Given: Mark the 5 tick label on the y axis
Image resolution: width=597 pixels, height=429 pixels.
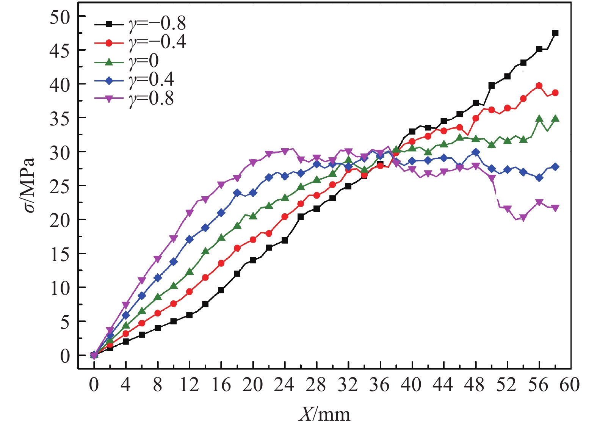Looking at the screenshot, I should click(65, 322).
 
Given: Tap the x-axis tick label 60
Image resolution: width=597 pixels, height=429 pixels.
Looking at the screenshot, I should click(569, 385).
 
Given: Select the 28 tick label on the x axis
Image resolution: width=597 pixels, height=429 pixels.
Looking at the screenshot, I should click(316, 385).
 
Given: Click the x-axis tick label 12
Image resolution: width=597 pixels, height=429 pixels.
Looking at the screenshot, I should click(189, 385).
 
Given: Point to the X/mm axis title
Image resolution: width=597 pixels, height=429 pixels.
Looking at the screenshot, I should click(324, 414).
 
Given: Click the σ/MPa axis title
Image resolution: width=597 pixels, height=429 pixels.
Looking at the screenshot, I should click(28, 186).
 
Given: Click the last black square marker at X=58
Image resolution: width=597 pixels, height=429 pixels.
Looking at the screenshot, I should click(555, 33).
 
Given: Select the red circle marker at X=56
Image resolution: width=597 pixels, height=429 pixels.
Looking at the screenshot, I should click(539, 86).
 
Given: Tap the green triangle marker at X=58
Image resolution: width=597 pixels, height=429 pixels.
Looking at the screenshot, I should click(555, 119).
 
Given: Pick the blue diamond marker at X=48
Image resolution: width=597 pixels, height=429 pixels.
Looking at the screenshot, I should click(476, 152).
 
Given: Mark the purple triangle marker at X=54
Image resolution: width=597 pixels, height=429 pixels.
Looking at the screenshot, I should click(523, 218).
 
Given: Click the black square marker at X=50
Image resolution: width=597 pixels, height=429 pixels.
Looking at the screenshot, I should click(492, 86).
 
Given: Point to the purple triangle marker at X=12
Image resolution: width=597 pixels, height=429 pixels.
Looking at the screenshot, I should click(189, 213).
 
